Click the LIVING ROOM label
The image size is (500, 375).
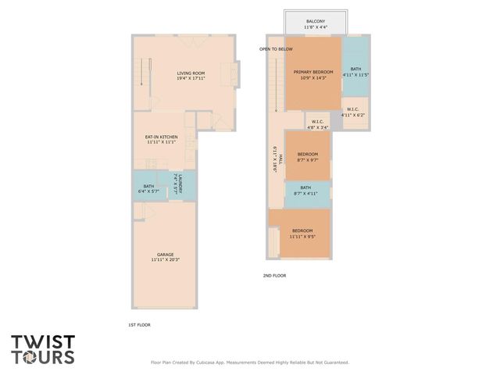point(190,76)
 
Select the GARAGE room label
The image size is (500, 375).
point(165,257)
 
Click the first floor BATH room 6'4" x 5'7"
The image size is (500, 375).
point(148,188)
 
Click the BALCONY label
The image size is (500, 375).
point(316,24)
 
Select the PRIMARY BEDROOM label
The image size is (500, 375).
point(313,74)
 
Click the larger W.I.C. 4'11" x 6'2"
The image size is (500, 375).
point(353,112)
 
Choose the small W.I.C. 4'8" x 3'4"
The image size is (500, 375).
point(317,123)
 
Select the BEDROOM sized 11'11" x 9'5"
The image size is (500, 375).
point(302,233)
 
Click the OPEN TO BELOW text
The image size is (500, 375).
point(277,49)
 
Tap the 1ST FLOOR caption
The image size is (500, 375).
point(137,324)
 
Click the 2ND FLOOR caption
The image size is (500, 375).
point(274,276)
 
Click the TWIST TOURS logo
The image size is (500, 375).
point(43,349)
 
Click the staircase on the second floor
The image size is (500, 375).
point(275,86)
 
